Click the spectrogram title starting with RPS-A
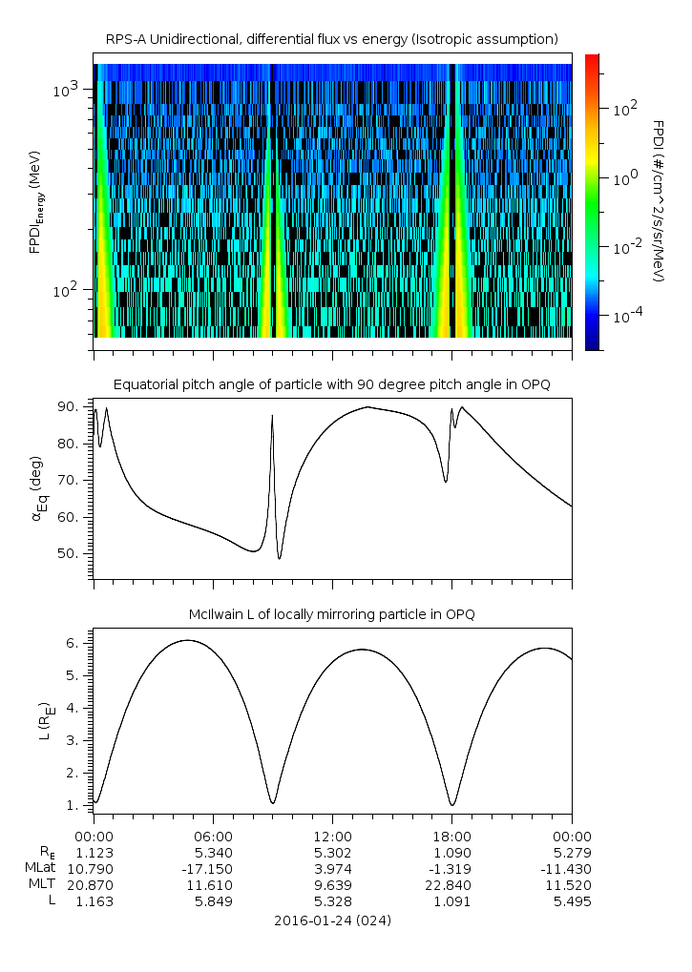click(x=332, y=39)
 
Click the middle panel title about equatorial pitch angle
click(x=332, y=384)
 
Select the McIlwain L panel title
click(x=332, y=614)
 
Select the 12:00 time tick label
click(x=332, y=836)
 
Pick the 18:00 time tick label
click(x=451, y=836)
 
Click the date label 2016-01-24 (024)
click(x=332, y=920)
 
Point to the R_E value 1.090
click(x=451, y=852)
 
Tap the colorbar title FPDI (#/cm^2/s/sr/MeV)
click(x=659, y=201)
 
